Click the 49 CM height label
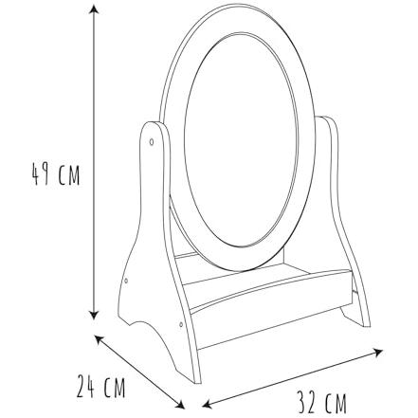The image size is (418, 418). (x=56, y=173)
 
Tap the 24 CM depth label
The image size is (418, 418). (x=100, y=386)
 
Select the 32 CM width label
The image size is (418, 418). (x=322, y=402)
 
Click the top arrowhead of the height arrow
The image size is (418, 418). (x=93, y=9)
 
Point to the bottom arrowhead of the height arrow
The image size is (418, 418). (x=94, y=315)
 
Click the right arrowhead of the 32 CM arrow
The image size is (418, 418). (x=377, y=352)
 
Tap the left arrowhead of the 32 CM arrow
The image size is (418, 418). (x=208, y=404)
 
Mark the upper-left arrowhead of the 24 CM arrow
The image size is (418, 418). (x=100, y=340)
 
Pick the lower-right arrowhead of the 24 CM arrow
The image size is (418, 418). (x=180, y=404)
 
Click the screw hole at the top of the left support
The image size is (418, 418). (x=152, y=142)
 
